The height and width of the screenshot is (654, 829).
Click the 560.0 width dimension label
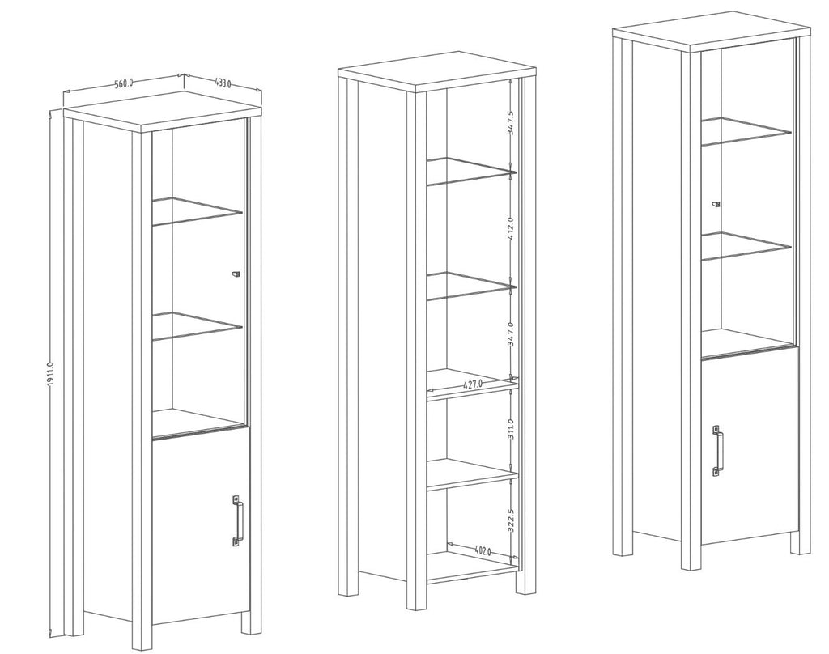(123, 83)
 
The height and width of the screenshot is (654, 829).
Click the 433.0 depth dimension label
(223, 83)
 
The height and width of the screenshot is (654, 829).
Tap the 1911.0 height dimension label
(51, 376)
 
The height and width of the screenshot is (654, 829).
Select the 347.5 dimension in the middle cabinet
(511, 123)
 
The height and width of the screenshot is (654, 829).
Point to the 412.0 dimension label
(511, 228)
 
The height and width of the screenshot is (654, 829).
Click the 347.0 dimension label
(511, 333)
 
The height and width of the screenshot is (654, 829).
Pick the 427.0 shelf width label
(473, 384)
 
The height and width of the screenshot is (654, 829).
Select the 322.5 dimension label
(511, 520)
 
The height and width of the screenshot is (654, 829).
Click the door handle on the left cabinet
(237, 520)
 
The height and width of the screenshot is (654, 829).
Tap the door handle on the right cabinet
(717, 451)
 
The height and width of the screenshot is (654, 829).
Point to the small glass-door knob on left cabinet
(236, 274)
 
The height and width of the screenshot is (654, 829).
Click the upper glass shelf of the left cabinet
(197, 211)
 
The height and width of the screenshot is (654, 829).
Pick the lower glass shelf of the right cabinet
(746, 246)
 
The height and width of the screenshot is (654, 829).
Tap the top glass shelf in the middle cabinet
(470, 172)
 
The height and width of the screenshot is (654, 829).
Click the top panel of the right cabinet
(711, 32)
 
